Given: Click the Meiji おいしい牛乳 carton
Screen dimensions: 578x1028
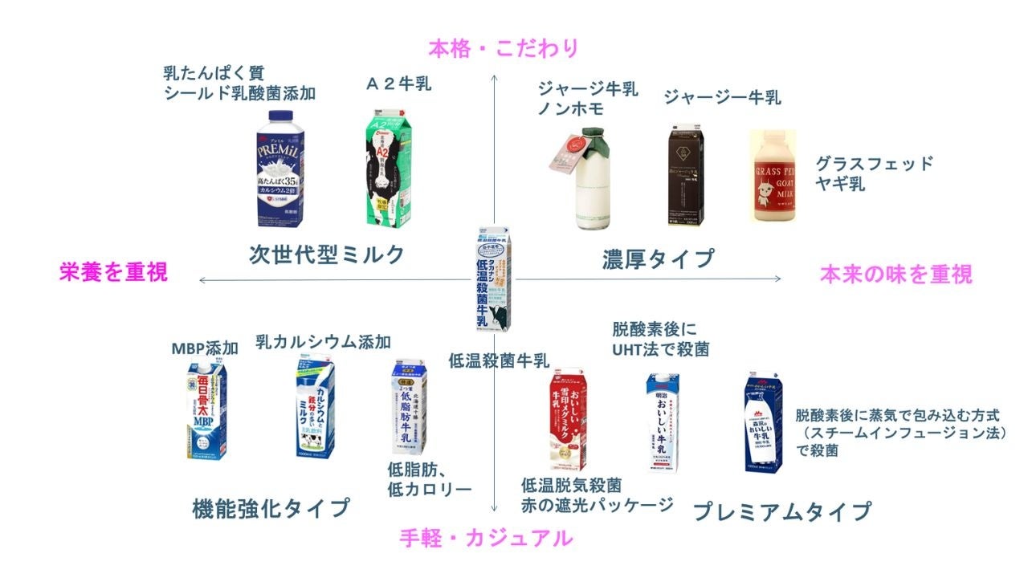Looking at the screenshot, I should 663,423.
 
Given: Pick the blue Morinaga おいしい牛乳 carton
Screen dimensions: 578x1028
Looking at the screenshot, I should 763,423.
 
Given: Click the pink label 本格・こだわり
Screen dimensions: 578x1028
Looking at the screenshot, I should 504,49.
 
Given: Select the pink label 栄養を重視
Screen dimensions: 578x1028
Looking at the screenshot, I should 113,273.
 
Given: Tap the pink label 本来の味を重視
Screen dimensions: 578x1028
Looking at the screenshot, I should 895,275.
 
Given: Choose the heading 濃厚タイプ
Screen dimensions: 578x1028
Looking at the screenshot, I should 658,258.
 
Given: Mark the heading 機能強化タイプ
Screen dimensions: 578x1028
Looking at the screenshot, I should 271,508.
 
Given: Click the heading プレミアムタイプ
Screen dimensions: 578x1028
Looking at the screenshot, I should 781,511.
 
